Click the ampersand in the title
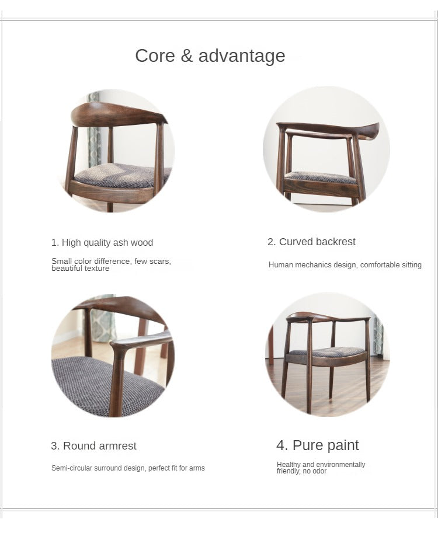pyautogui.click(x=187, y=55)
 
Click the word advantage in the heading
pyautogui.click(x=242, y=56)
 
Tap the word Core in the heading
pyautogui.click(x=155, y=55)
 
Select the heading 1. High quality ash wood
pyautogui.click(x=102, y=242)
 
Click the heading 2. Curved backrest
pyautogui.click(x=311, y=242)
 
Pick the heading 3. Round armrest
pyautogui.click(x=93, y=445)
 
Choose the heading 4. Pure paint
pyautogui.click(x=318, y=445)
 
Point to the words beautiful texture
pyautogui.click(x=80, y=268)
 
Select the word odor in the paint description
pyautogui.click(x=319, y=471)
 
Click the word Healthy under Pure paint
pyautogui.click(x=288, y=465)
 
